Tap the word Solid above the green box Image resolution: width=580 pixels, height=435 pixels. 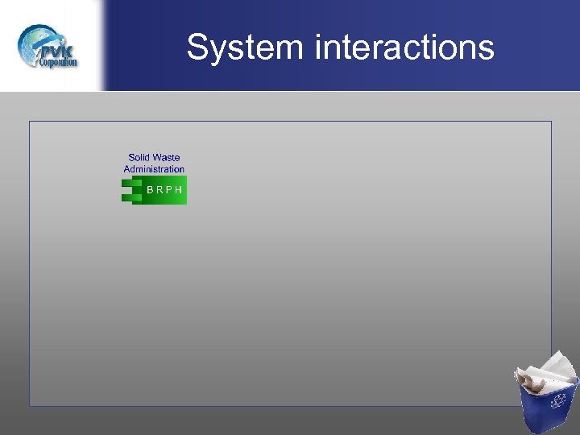point(139,158)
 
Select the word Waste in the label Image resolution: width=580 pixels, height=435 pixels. point(165,158)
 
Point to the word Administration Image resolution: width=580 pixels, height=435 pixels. point(154,169)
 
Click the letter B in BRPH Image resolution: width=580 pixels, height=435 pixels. point(150,191)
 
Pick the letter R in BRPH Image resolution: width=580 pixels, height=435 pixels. point(159,191)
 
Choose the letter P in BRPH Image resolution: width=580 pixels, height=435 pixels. point(168,191)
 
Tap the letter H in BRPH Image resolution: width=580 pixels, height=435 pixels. point(178,191)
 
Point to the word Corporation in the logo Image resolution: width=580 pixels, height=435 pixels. point(58,61)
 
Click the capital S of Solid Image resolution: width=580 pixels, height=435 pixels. point(131,158)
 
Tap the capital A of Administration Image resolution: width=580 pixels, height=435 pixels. point(127,169)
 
